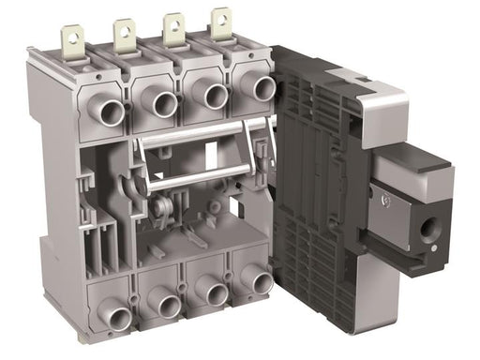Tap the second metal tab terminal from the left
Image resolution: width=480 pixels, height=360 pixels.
click(x=123, y=33)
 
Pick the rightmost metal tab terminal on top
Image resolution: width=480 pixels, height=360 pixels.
click(x=220, y=23)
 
